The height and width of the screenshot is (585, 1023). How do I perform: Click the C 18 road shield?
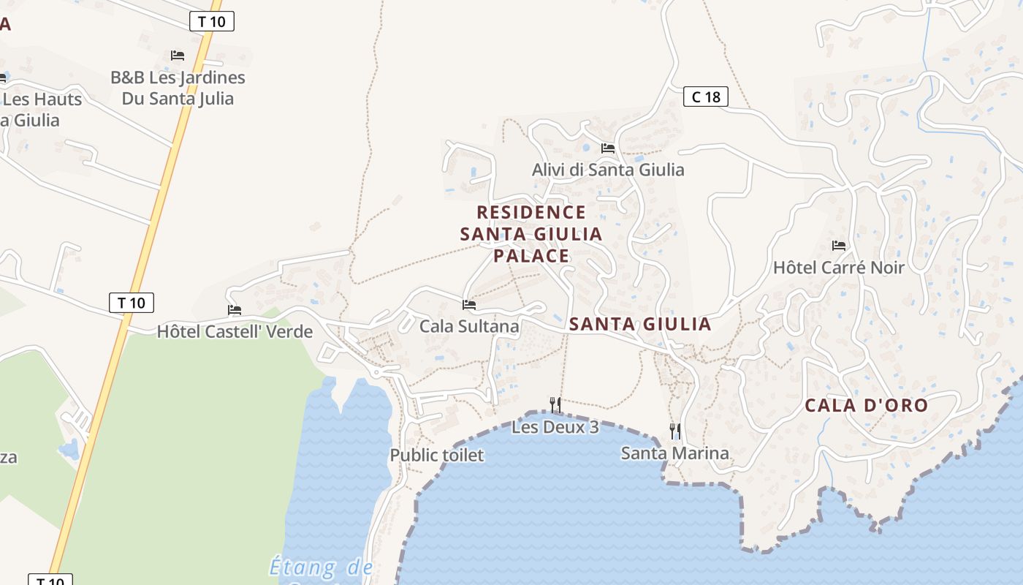pyautogui.click(x=706, y=96)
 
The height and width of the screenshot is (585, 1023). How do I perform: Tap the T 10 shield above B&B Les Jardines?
pyautogui.click(x=212, y=21)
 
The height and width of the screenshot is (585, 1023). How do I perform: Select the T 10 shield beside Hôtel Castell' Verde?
pyautogui.click(x=132, y=302)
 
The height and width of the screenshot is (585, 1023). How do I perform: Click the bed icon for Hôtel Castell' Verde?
pyautogui.click(x=235, y=310)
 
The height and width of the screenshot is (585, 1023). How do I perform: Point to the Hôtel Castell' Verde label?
pyautogui.click(x=235, y=331)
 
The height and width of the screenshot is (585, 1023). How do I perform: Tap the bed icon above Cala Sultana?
pyautogui.click(x=469, y=304)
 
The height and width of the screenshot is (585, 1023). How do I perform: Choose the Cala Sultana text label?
pyautogui.click(x=469, y=326)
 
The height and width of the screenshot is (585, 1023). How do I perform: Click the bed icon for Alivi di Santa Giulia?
pyautogui.click(x=608, y=148)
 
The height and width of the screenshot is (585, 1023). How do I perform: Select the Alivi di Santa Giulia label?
pyautogui.click(x=608, y=170)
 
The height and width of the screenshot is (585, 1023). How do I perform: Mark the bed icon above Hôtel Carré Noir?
pyautogui.click(x=839, y=246)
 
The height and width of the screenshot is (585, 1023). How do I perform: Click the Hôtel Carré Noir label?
pyautogui.click(x=839, y=268)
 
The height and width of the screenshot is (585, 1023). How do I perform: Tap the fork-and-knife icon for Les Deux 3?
pyautogui.click(x=555, y=404)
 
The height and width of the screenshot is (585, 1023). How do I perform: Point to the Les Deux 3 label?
pyautogui.click(x=555, y=426)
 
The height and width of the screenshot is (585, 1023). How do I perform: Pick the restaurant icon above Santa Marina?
pyautogui.click(x=675, y=431)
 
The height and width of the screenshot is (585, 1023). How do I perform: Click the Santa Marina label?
pyautogui.click(x=675, y=453)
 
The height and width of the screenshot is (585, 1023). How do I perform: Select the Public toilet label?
pyautogui.click(x=437, y=455)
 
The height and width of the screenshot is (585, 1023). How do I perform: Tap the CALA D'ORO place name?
pyautogui.click(x=866, y=405)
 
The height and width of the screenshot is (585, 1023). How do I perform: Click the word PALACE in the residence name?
pyautogui.click(x=531, y=255)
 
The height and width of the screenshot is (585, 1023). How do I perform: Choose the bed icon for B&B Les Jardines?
pyautogui.click(x=178, y=56)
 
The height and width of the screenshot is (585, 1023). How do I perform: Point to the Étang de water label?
pyautogui.click(x=322, y=567)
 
